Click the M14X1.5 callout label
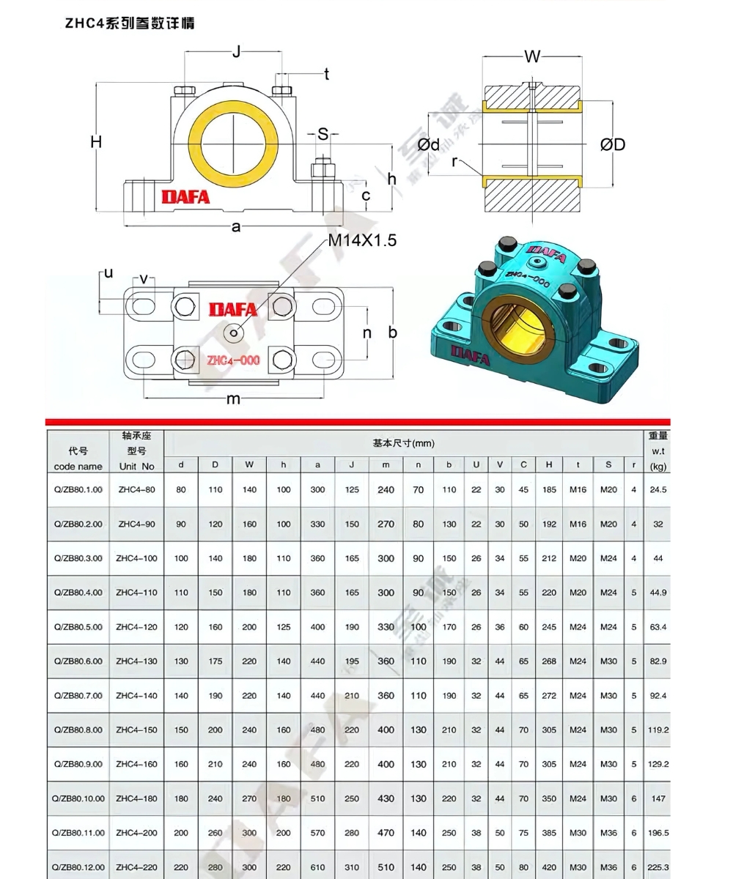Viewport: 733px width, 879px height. pos(361,241)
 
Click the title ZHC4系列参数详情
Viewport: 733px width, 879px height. pos(130,23)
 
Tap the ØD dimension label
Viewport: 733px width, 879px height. pos(613,144)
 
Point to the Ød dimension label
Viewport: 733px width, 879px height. pos(429,144)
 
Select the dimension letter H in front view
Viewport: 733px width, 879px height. pos(96,142)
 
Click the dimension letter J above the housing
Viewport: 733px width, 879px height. pos(236,51)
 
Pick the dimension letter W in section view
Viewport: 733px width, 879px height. pos(532,56)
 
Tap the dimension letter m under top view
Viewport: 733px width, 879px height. pos(233,398)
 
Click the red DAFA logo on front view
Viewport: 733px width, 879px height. pos(185,197)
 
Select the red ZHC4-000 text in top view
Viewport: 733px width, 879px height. pos(233,360)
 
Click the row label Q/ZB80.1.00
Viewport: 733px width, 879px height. pos(78,489)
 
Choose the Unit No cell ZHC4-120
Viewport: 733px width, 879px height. pos(137,627)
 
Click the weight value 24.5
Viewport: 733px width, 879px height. pos(658,489)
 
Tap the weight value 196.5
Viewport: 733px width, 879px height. pos(658,833)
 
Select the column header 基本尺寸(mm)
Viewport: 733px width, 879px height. pos(403,443)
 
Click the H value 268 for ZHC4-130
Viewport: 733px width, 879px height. pos(549,661)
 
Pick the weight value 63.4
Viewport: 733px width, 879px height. pos(658,627)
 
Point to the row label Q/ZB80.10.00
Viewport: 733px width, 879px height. pos(78,798)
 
